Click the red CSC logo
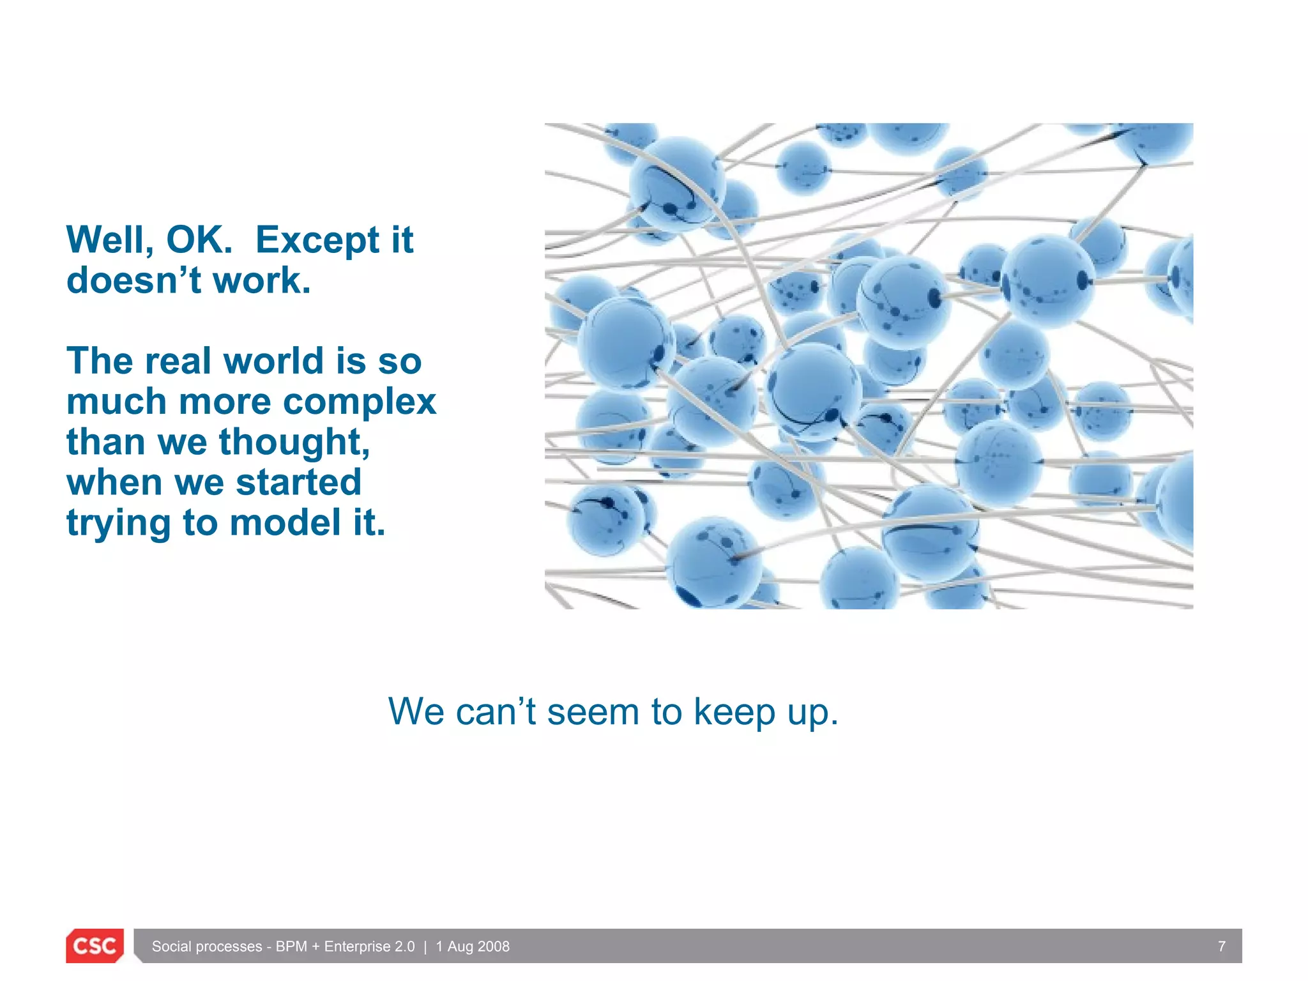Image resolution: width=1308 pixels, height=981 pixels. pos(95,946)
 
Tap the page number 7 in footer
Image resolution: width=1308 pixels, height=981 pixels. pos(1221,947)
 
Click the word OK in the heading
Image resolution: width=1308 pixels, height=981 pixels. pos(199,240)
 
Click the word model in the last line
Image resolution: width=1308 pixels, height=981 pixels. pos(285,523)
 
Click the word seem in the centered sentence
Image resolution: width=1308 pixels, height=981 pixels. pos(593,711)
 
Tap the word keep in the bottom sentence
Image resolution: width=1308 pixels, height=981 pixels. pos(734,713)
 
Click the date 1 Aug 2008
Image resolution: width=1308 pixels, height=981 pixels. pos(473,947)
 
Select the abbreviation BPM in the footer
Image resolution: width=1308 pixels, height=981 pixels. pos(291,947)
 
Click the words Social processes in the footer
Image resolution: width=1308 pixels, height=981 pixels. pos(207,947)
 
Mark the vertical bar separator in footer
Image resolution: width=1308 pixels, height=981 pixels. pos(425,947)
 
